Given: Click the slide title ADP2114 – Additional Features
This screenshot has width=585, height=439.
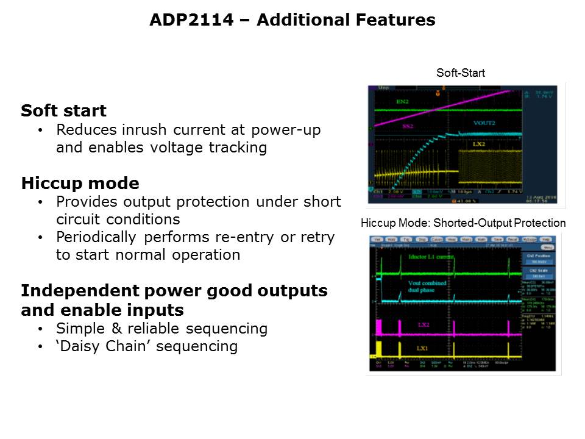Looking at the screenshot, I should pyautogui.click(x=292, y=20).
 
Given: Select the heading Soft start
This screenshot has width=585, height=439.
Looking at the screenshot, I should pyautogui.click(x=63, y=111).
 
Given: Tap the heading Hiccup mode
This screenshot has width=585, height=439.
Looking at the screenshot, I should pyautogui.click(x=80, y=184).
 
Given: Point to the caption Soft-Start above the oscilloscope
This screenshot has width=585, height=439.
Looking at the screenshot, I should pyautogui.click(x=460, y=73).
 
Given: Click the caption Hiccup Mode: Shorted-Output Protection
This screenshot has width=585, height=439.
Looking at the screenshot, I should pyautogui.click(x=463, y=223).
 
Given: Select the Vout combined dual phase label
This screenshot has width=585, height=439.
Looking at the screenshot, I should pyautogui.click(x=427, y=287).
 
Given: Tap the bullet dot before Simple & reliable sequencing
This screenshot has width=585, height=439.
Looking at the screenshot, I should pyautogui.click(x=40, y=329).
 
